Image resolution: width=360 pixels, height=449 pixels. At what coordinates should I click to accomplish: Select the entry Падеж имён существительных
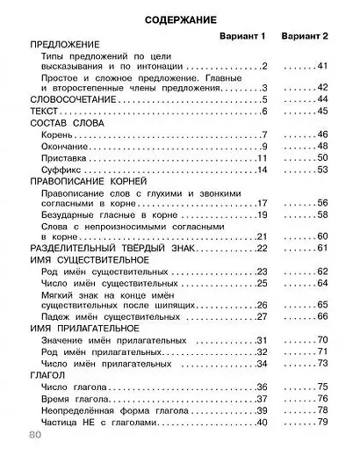point(98,315)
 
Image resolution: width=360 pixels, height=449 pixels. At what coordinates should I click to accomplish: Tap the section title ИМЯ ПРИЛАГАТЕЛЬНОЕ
point(80,327)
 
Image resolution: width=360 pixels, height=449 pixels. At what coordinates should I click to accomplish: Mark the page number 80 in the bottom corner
point(34,436)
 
